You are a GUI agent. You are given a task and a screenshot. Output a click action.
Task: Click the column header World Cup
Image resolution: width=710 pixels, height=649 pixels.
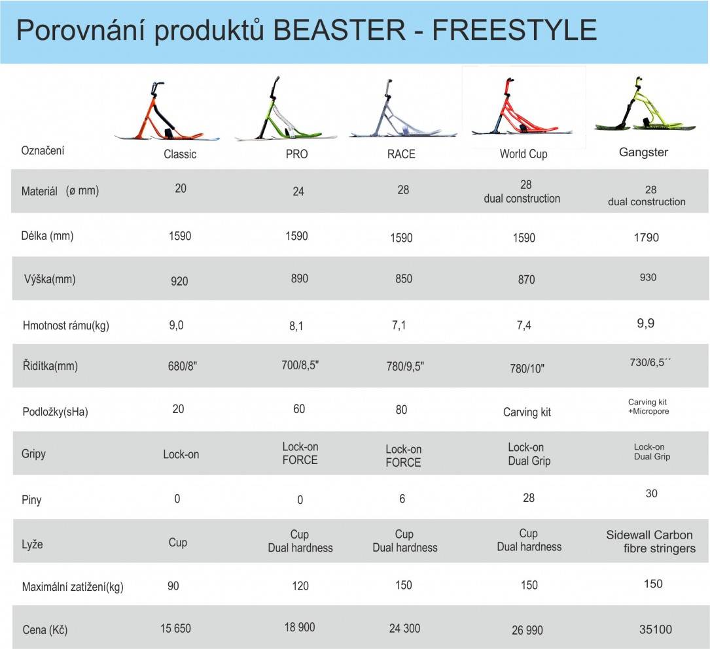[x=523, y=154]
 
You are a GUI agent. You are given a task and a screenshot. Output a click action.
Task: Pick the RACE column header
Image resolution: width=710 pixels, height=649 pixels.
[x=401, y=154]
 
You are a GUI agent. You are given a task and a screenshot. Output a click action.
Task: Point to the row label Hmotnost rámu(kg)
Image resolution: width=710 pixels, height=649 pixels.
[x=65, y=325]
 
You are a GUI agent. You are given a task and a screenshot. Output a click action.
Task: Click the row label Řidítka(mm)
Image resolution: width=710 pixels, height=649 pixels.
[x=50, y=366]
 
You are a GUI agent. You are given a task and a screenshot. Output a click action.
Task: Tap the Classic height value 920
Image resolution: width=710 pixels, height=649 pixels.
[x=179, y=281]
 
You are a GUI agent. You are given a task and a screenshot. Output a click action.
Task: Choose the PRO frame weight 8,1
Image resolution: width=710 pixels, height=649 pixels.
[x=296, y=326]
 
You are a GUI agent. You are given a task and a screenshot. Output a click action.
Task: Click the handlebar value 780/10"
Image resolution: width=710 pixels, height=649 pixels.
[x=527, y=369]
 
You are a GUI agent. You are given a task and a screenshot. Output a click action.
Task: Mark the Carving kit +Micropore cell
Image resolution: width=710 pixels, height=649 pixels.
[x=648, y=407]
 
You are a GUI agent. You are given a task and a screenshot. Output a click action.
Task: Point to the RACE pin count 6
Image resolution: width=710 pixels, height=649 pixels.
[x=402, y=499]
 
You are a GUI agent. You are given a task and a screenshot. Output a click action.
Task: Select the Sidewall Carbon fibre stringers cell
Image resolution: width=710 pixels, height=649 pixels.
[x=650, y=542]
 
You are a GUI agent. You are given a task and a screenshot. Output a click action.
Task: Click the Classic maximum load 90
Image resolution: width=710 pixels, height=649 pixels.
[x=173, y=586]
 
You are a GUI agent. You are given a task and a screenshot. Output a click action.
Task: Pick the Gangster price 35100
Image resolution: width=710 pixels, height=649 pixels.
[x=655, y=630]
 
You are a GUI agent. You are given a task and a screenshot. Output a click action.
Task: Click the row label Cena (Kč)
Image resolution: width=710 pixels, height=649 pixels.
[x=44, y=630]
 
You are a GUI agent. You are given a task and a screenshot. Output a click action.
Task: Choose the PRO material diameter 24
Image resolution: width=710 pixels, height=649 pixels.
[x=299, y=191]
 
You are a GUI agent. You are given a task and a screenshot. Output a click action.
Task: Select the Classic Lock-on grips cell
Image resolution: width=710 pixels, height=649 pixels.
[x=181, y=454]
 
